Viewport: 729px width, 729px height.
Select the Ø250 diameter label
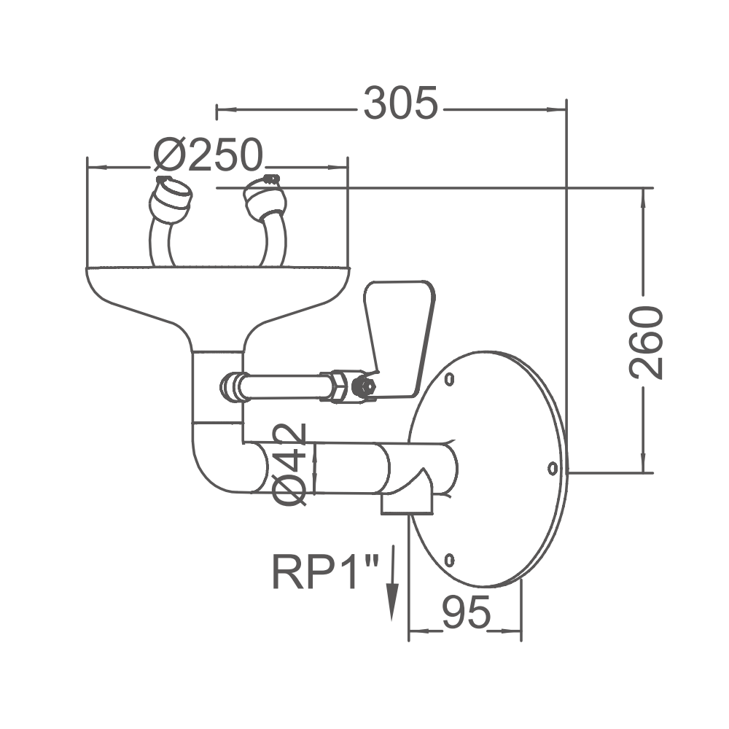pyautogui.click(x=208, y=155)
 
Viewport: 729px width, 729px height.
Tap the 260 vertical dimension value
pyautogui.click(x=646, y=343)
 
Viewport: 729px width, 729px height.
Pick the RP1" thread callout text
pyautogui.click(x=326, y=572)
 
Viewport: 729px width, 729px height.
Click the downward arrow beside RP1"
pyautogui.click(x=392, y=583)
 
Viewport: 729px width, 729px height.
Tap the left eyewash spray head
pyautogui.click(x=172, y=198)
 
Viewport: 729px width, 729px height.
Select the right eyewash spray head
pyautogui.click(x=264, y=198)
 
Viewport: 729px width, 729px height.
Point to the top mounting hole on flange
pyautogui.click(x=450, y=379)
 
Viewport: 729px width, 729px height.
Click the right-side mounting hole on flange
pyautogui.click(x=552, y=467)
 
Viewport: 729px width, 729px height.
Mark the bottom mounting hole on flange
pyautogui.click(x=450, y=560)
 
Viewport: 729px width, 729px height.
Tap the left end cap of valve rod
pyautogui.click(x=231, y=386)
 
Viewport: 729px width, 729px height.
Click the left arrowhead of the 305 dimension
pyautogui.click(x=223, y=110)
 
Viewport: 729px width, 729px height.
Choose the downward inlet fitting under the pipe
pyautogui.click(x=407, y=502)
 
